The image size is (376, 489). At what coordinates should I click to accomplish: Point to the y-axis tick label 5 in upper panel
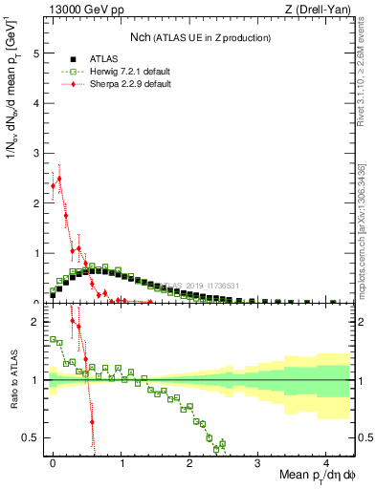point(35,53)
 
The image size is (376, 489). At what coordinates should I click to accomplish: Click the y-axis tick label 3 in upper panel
point(35,154)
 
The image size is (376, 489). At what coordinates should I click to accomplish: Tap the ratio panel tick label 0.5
point(31,437)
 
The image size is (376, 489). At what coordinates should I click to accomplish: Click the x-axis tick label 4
point(326,461)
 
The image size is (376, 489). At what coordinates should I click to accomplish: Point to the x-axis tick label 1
point(122,461)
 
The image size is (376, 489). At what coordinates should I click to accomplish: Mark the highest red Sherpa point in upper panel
point(59,178)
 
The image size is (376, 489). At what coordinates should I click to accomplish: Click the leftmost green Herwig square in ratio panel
point(53,338)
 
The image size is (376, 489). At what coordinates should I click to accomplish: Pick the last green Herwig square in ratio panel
point(222,442)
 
